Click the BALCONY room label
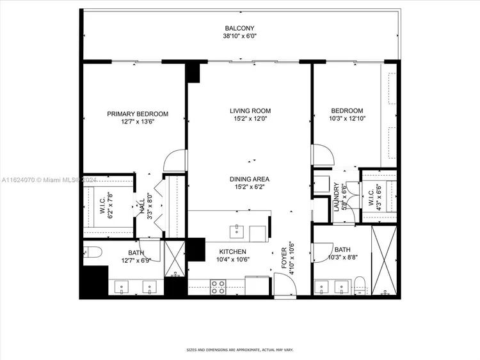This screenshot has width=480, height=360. [239, 28]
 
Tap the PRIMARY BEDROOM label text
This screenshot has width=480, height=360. [138, 114]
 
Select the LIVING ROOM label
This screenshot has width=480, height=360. [250, 111]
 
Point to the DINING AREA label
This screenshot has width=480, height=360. [250, 179]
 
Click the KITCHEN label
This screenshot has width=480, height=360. [233, 252]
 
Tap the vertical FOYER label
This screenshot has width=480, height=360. [284, 258]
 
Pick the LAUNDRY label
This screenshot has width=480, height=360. [337, 197]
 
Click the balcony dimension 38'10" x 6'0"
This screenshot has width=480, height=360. [239, 36]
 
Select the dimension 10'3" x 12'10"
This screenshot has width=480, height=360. [347, 119]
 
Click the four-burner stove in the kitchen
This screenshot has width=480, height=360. [218, 287]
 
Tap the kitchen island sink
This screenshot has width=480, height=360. [237, 231]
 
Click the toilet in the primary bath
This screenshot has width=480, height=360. [92, 252]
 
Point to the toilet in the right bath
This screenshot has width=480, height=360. [360, 285]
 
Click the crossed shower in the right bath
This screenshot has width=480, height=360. [384, 260]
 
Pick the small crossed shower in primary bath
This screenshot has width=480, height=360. [175, 259]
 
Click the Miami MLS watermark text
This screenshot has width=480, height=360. [49, 180]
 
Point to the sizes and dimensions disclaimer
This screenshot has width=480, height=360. [240, 350]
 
